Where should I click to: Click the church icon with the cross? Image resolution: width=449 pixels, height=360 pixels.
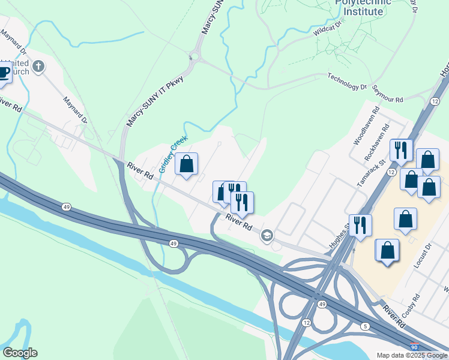[39, 66]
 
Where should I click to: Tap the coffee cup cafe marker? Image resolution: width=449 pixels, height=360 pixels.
[4, 74]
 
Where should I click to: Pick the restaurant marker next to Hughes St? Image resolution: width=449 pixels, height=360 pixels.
[360, 226]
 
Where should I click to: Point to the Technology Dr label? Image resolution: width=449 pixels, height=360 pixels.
[346, 81]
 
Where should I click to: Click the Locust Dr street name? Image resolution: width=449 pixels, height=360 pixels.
[424, 255]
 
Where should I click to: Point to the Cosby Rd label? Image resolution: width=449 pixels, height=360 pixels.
[412, 313]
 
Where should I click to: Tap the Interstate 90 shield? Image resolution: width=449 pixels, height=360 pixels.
[414, 347]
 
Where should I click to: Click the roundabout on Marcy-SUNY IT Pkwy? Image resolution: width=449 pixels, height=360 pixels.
[194, 58]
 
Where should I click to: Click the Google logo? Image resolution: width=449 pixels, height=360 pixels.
[20, 353]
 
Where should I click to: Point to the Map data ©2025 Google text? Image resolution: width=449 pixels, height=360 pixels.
[412, 355]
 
